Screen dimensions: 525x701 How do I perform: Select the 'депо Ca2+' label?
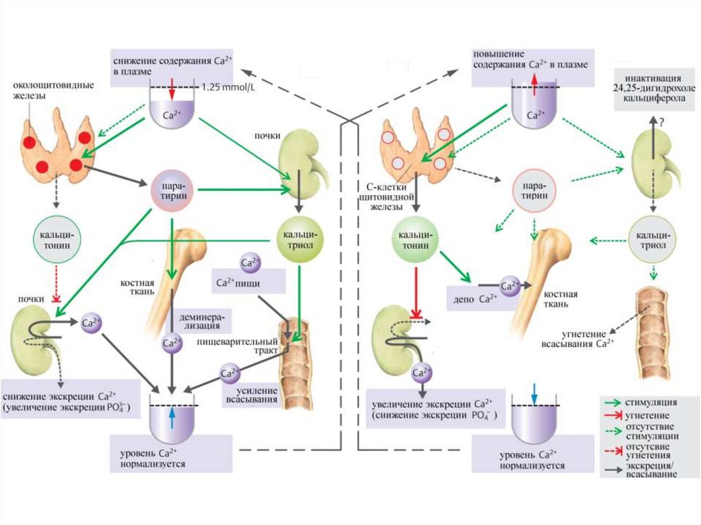point(472,298)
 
